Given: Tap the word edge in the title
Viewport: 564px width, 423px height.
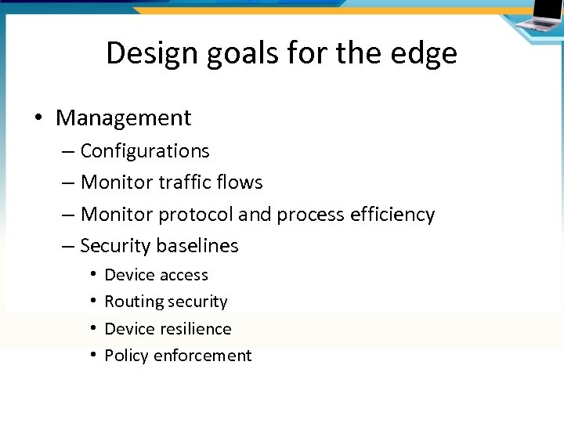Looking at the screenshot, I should pyautogui.click(x=428, y=53).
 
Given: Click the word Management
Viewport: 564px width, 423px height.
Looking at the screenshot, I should pyautogui.click(x=123, y=118).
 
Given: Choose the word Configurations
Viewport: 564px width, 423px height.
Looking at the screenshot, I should pyautogui.click(x=145, y=150).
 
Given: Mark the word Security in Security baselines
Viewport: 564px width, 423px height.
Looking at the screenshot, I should pyautogui.click(x=116, y=246).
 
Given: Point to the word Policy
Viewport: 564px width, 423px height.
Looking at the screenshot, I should pyautogui.click(x=126, y=356).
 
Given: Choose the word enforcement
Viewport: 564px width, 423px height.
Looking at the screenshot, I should pyautogui.click(x=203, y=356).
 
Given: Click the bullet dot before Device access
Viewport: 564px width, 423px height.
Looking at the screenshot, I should pyautogui.click(x=92, y=275).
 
